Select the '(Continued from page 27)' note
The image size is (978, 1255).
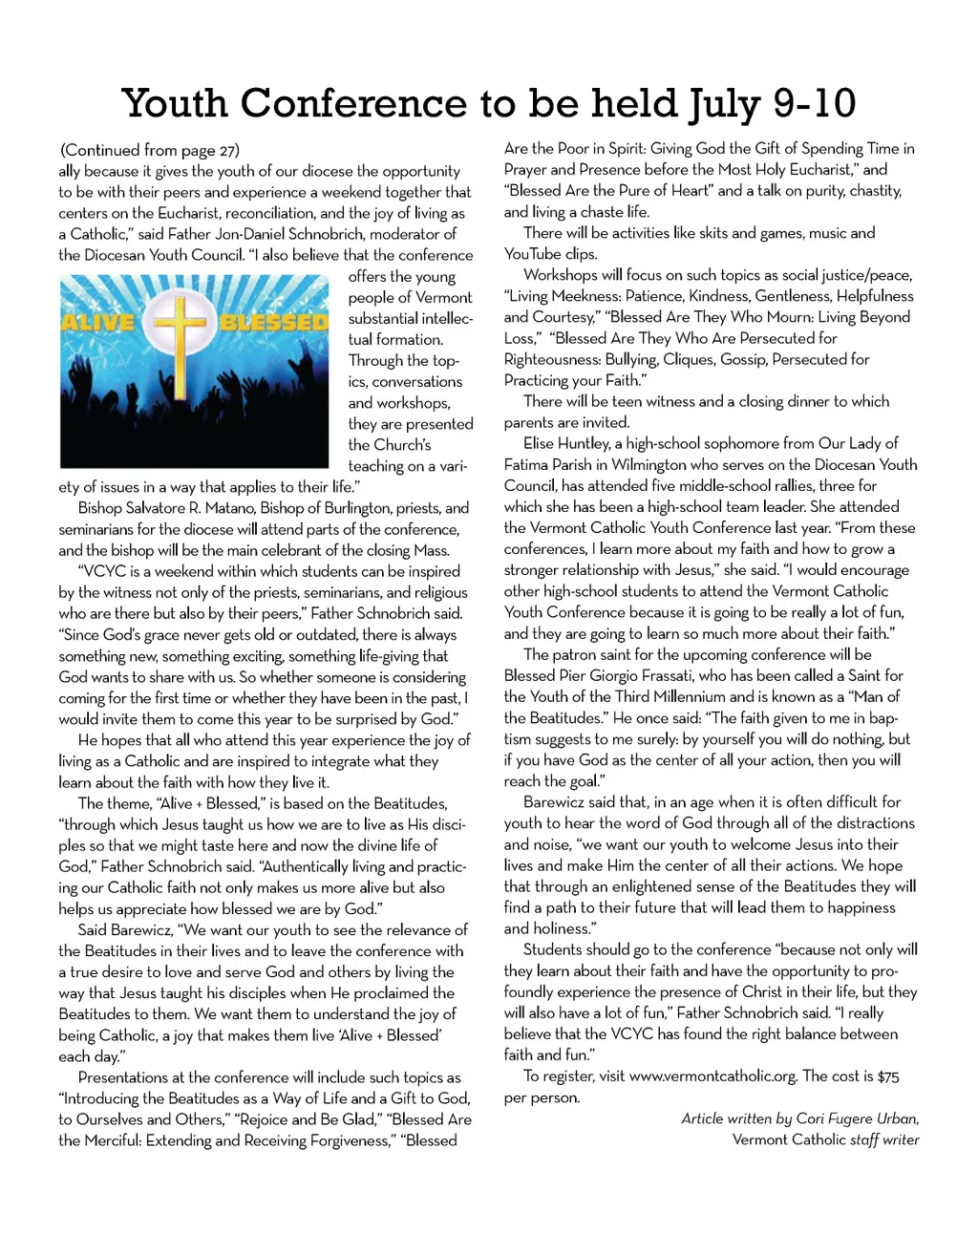(150, 150)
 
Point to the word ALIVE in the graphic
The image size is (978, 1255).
(97, 322)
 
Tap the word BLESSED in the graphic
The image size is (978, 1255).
(274, 322)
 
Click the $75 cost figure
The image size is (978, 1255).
(888, 1076)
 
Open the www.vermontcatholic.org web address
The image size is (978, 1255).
(712, 1076)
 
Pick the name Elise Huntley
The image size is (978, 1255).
(566, 443)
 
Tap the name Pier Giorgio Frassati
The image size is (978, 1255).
(634, 675)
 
